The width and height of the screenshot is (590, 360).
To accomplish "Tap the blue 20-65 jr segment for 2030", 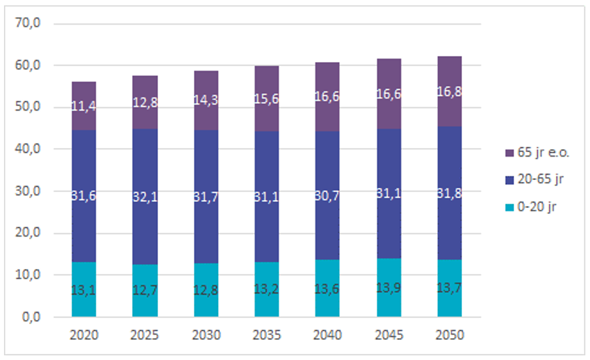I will (x=206, y=167).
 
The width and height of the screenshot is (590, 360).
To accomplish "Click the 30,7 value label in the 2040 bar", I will (x=327, y=195).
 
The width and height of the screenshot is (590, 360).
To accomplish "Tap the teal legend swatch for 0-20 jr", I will (x=509, y=207).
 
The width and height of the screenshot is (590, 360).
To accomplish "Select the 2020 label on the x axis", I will (x=84, y=334).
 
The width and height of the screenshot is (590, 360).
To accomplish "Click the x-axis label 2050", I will (x=449, y=334).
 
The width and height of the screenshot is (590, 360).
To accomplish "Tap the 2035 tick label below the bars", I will (x=267, y=334).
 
